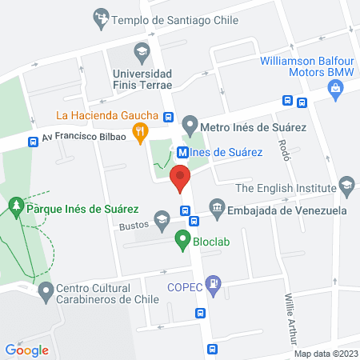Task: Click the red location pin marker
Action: click(182, 177)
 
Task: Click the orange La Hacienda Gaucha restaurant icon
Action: click(141, 133)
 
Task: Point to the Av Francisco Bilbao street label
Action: click(86, 137)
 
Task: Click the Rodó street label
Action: click(283, 148)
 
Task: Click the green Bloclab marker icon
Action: click(182, 238)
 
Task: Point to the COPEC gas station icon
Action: click(213, 282)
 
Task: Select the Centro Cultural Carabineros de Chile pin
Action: click(46, 290)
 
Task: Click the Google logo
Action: click(26, 350)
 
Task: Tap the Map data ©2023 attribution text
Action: click(325, 354)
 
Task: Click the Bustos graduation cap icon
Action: click(162, 219)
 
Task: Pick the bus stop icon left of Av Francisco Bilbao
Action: click(34, 142)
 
